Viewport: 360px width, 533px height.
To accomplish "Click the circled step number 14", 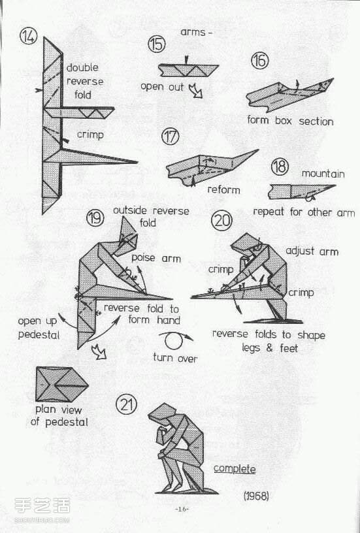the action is click(x=28, y=37).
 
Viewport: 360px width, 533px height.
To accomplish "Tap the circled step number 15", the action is click(x=157, y=44).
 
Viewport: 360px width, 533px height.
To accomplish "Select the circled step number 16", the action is click(x=260, y=61).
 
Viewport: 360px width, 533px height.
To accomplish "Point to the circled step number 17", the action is click(x=171, y=136).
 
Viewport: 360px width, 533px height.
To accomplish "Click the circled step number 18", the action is click(x=280, y=167).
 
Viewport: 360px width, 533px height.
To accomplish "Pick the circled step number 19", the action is click(x=95, y=218).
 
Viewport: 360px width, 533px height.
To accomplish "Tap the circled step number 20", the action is click(x=221, y=221).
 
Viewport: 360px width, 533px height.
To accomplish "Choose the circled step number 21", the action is click(x=127, y=404).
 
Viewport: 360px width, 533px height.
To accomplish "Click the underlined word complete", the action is click(x=235, y=469).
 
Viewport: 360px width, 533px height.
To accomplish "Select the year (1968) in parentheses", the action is click(x=256, y=496).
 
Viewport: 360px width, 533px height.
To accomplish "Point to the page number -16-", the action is click(x=182, y=509).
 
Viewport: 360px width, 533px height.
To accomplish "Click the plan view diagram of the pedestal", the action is click(x=62, y=385).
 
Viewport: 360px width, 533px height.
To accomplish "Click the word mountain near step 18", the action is click(x=323, y=174).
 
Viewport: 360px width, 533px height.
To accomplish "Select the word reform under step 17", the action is click(x=223, y=189).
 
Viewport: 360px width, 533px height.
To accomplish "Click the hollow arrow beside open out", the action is click(x=195, y=91).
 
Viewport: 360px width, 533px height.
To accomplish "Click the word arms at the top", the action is click(x=193, y=32).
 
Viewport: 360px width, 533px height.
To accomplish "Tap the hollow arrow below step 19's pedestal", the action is click(x=99, y=352).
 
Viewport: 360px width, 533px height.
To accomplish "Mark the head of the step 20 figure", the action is click(x=246, y=243).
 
